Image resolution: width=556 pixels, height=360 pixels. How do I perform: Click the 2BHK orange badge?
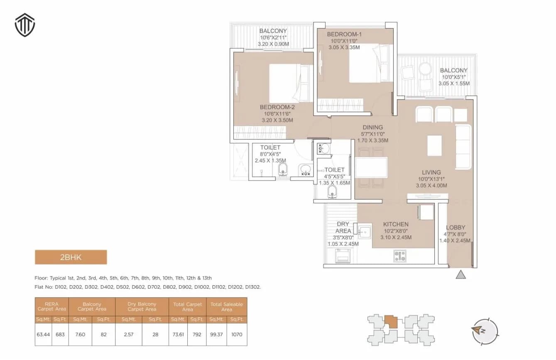tap(71, 257)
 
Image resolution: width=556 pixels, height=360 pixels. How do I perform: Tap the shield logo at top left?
tap(25, 26)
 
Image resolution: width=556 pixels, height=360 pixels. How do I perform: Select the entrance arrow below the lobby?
tap(461, 274)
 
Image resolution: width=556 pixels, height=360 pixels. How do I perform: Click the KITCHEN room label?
tap(396, 224)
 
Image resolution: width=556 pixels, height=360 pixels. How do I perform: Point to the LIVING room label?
tap(431, 172)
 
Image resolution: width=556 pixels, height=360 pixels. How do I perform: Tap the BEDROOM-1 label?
tap(344, 34)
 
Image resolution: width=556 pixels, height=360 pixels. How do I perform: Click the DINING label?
tap(372, 127)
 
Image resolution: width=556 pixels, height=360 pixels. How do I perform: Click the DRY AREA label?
tap(343, 227)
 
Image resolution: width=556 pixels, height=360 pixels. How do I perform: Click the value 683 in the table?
tap(60, 334)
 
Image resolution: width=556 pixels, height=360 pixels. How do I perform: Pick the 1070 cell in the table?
tap(237, 334)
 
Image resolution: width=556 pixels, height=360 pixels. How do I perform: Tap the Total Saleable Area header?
tap(227, 307)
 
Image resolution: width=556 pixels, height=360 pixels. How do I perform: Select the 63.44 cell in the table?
tap(43, 334)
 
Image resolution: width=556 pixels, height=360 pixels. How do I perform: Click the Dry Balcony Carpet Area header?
tap(142, 307)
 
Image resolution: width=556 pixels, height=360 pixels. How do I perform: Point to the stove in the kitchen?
tap(399, 256)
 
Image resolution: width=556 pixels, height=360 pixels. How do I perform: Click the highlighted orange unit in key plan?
tap(390, 322)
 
